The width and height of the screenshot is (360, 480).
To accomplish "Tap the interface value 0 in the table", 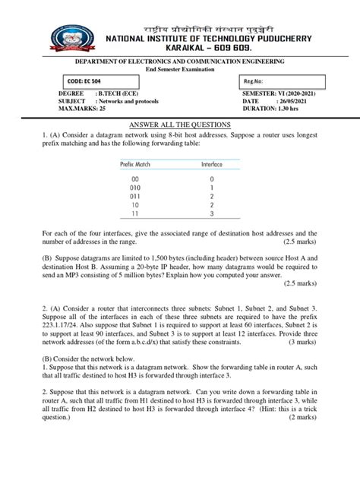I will (212, 178).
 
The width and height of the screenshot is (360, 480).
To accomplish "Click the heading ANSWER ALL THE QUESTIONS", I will (181, 125).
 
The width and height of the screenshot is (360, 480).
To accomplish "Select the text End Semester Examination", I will (178, 70).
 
